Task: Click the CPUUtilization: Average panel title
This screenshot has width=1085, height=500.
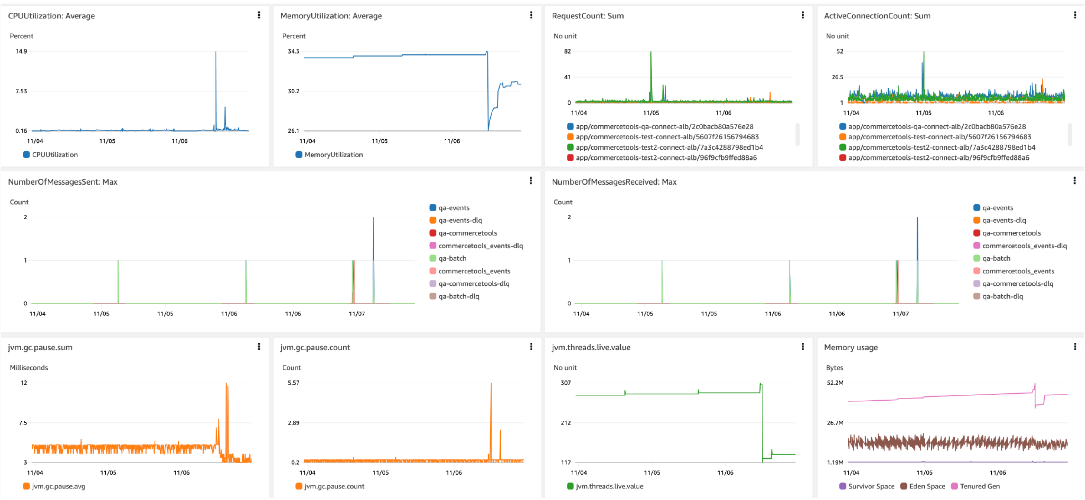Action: pos(51,16)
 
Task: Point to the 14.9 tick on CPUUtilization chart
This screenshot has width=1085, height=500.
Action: pos(21,51)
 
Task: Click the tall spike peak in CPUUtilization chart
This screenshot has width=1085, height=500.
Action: pos(216,53)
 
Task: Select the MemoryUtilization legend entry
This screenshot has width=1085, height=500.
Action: pos(333,155)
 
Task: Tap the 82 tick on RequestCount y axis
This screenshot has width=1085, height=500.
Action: pos(567,51)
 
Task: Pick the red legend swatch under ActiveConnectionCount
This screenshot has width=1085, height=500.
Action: pos(843,157)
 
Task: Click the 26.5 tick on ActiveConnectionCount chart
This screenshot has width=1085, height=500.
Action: pos(837,77)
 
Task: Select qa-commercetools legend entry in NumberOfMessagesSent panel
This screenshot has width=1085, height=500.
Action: pos(467,233)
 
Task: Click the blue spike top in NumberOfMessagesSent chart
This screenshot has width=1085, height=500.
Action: pos(373,218)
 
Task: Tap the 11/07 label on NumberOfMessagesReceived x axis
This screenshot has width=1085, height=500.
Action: pos(900,314)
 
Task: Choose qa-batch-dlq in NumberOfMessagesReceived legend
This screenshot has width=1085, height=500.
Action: pos(1002,296)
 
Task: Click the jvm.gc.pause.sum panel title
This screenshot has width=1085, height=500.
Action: pos(40,348)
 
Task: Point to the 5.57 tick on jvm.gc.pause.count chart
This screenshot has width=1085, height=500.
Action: pos(293,383)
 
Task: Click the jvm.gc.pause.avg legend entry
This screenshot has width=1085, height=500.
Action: pos(59,486)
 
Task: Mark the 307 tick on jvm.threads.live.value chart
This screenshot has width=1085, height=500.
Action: pos(566,383)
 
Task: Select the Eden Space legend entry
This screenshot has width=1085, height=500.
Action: pos(927,486)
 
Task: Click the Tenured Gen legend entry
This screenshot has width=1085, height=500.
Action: pos(979,486)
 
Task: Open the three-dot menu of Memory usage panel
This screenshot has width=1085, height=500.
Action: pos(1074,347)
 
